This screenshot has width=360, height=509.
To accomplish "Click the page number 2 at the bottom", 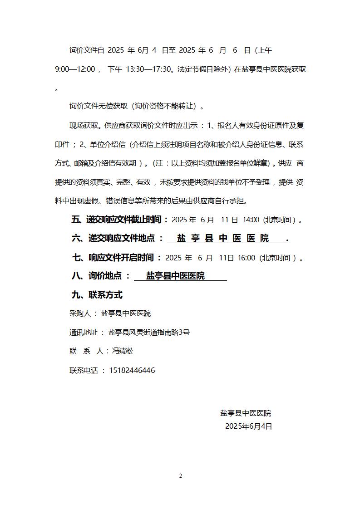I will click(180, 475).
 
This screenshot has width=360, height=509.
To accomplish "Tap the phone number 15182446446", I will click(132, 370).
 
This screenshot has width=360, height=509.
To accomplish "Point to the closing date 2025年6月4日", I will click(248, 426).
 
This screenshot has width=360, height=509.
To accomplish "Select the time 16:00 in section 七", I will click(246, 258).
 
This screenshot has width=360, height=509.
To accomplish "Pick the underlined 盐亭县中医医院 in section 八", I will click(175, 276).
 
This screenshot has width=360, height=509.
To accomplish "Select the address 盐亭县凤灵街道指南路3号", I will click(148, 332).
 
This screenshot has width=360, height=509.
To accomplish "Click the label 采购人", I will click(80, 313).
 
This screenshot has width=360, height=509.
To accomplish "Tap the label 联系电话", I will click(84, 370).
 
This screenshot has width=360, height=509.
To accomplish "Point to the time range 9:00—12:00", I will click(75, 69).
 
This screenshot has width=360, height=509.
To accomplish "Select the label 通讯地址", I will click(84, 332).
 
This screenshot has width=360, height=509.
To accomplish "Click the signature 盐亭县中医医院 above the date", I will click(246, 413).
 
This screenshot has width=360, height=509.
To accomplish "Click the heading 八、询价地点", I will click(97, 276).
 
